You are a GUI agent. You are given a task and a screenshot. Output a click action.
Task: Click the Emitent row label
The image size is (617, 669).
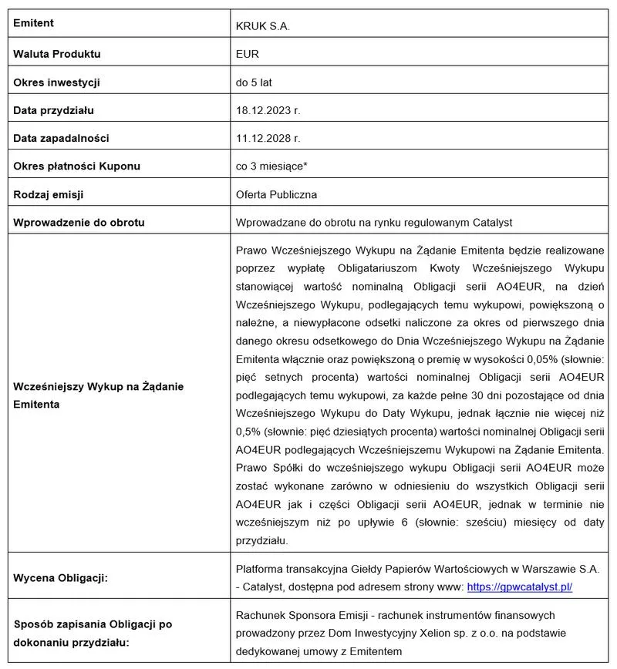[x=34, y=23]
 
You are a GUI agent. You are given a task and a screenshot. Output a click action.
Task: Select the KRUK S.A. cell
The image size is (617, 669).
[x=263, y=26]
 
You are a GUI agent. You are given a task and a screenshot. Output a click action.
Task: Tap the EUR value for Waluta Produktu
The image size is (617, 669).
[x=248, y=54]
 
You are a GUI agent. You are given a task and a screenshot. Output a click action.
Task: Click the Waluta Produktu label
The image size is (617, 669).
[x=57, y=54]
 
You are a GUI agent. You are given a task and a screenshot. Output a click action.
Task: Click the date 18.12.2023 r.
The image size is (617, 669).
[x=268, y=110]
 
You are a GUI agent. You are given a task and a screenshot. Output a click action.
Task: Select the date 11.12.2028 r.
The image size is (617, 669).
[x=268, y=138]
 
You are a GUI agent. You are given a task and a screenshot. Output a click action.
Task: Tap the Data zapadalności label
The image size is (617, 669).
[x=62, y=138]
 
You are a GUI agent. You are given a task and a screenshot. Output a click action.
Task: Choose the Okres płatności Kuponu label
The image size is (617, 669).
[x=77, y=166]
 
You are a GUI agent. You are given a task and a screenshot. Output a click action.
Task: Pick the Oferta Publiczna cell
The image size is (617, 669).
[x=276, y=194]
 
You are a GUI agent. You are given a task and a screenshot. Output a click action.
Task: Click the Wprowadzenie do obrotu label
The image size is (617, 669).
[x=79, y=222]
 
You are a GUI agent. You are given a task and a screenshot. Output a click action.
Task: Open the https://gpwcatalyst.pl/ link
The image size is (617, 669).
[x=520, y=587]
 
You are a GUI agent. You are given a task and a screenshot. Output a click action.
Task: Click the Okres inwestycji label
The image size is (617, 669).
[x=57, y=82]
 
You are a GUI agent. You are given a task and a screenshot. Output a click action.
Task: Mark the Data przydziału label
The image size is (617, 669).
[x=54, y=110]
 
